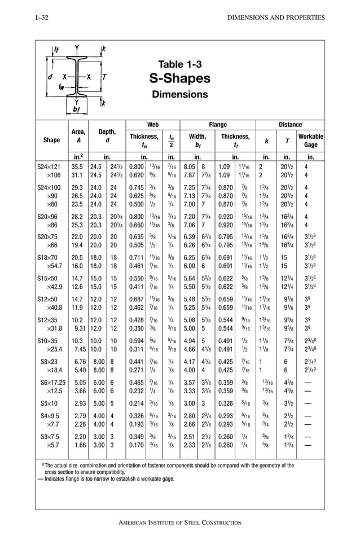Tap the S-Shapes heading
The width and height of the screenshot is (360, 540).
180,78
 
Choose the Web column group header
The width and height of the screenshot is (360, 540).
152,124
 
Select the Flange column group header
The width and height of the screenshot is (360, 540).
218,124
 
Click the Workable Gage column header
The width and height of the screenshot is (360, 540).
310,141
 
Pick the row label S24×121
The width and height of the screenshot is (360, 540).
51,167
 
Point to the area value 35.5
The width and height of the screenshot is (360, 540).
77,167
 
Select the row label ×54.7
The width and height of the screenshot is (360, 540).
54,265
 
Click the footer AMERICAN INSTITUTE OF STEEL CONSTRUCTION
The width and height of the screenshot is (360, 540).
180,523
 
